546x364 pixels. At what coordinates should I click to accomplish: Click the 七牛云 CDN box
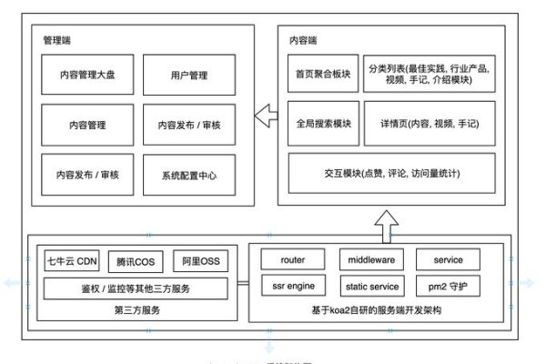73,261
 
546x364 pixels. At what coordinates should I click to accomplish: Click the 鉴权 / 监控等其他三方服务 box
136,288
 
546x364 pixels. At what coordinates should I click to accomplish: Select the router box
293,259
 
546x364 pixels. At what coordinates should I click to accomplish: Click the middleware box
370,259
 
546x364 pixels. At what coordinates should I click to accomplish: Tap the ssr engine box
293,287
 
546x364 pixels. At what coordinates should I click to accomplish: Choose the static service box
370,287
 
